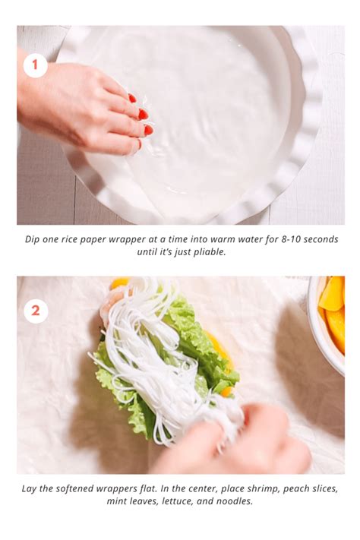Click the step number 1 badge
click(x=35, y=65)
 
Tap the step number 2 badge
click(x=35, y=311)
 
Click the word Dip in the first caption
click(x=33, y=239)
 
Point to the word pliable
click(x=206, y=252)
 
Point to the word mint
click(x=118, y=501)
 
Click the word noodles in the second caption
click(x=236, y=501)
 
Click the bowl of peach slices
click(x=331, y=315)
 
